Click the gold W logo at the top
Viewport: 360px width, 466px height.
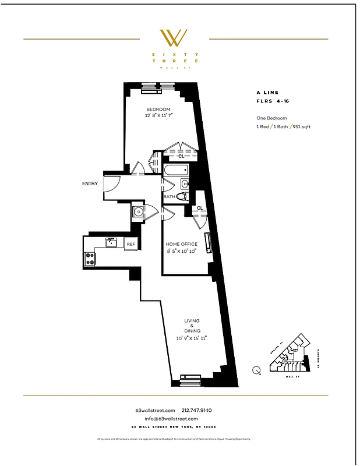point(174,38)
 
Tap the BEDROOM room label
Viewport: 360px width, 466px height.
point(158,110)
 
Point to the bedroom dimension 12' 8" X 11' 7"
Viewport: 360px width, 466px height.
point(158,116)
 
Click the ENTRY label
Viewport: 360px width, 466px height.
point(90,183)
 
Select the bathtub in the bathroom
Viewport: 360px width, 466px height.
point(177,171)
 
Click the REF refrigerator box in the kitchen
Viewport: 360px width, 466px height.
point(131,244)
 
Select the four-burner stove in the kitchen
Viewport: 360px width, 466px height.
point(90,259)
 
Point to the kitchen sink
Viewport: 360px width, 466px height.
point(111,242)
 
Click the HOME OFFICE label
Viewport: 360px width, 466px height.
point(181,244)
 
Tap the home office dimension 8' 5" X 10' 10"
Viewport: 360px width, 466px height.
point(181,251)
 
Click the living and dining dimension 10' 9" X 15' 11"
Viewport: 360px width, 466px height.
point(192,337)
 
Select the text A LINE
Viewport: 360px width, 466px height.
point(267,92)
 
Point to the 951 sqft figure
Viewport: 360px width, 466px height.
point(302,126)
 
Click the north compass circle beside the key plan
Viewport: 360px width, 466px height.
point(257,369)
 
